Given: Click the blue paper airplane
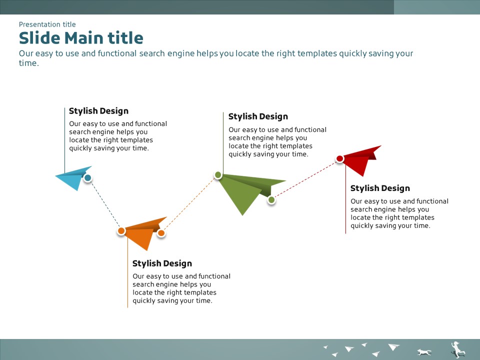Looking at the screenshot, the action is pyautogui.click(x=73, y=178).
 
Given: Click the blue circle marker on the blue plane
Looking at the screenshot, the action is pyautogui.click(x=87, y=178).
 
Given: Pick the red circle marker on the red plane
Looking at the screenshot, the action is pyautogui.click(x=340, y=158).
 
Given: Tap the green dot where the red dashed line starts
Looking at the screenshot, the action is pyautogui.click(x=271, y=200).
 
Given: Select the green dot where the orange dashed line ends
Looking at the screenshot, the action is pyautogui.click(x=218, y=175).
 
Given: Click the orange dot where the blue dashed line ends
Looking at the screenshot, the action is pyautogui.click(x=121, y=231).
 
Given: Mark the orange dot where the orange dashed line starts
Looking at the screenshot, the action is pyautogui.click(x=161, y=233).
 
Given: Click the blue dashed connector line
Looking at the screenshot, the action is pyautogui.click(x=104, y=204).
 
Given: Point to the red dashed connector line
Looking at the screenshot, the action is pyautogui.click(x=305, y=179).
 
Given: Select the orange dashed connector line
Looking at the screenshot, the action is pyautogui.click(x=189, y=204).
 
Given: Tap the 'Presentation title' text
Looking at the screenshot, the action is pyautogui.click(x=47, y=24).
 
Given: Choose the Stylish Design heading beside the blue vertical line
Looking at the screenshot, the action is pyautogui.click(x=98, y=111).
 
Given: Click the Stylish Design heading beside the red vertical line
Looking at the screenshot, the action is pyautogui.click(x=380, y=188).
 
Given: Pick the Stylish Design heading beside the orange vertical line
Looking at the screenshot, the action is pyautogui.click(x=162, y=263).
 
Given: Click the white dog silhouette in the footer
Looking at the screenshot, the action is pyautogui.click(x=424, y=352).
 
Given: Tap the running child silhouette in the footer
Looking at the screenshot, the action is pyautogui.click(x=457, y=349).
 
